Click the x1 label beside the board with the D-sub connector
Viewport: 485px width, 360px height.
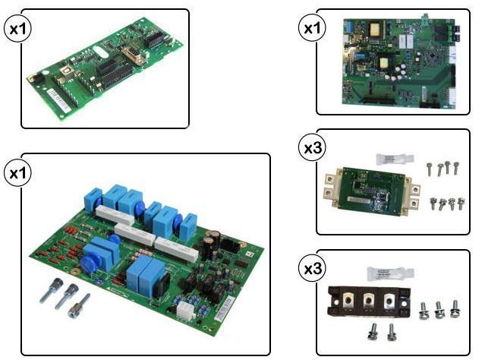point(17,29)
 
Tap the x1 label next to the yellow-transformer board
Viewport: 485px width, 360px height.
point(312,28)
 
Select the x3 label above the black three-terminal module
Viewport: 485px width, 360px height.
point(312,269)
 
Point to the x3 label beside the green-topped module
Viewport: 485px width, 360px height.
point(312,147)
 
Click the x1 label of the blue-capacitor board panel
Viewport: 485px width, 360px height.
point(17,173)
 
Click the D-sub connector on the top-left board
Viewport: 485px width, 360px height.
point(132,53)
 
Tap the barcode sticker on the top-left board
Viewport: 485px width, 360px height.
point(58,99)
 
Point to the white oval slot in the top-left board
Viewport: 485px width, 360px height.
point(100,52)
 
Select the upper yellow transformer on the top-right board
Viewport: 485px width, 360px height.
point(376,29)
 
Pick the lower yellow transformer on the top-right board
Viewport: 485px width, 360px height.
point(384,63)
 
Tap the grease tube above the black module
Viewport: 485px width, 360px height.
point(389,273)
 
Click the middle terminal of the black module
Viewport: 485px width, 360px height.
point(367,301)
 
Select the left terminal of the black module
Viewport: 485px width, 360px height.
point(348,300)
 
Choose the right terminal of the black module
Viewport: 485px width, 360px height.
point(388,301)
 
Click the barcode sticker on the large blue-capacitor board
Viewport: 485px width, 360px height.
point(225,308)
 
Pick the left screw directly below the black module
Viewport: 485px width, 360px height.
point(373,333)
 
